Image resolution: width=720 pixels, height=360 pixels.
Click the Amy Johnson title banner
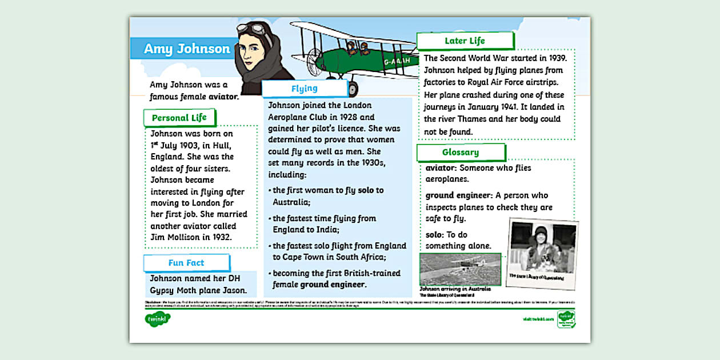(186, 49)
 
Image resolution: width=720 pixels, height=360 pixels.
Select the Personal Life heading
(179, 118)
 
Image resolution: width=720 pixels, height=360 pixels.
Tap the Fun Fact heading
(186, 263)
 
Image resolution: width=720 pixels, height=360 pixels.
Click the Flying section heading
(304, 89)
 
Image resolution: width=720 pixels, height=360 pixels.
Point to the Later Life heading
(465, 41)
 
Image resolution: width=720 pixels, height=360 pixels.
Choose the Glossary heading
(460, 153)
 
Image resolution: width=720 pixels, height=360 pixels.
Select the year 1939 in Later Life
(554, 58)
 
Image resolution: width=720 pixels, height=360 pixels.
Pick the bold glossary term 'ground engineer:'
(458, 195)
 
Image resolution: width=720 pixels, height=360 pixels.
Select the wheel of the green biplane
(352, 89)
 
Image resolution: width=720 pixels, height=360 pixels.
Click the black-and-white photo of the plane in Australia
(459, 269)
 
